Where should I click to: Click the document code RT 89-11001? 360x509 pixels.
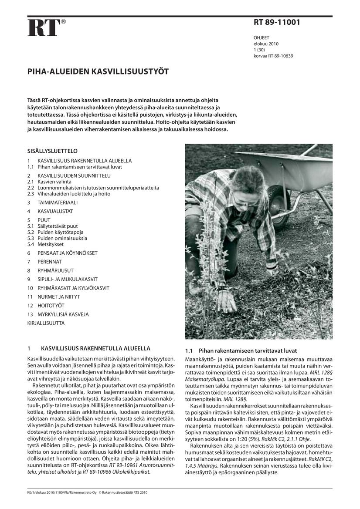277,23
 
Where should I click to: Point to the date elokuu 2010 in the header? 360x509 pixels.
266,44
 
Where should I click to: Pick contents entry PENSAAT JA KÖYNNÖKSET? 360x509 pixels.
67,253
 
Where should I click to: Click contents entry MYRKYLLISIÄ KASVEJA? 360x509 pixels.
63,314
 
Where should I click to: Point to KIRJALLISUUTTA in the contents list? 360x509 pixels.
46,323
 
